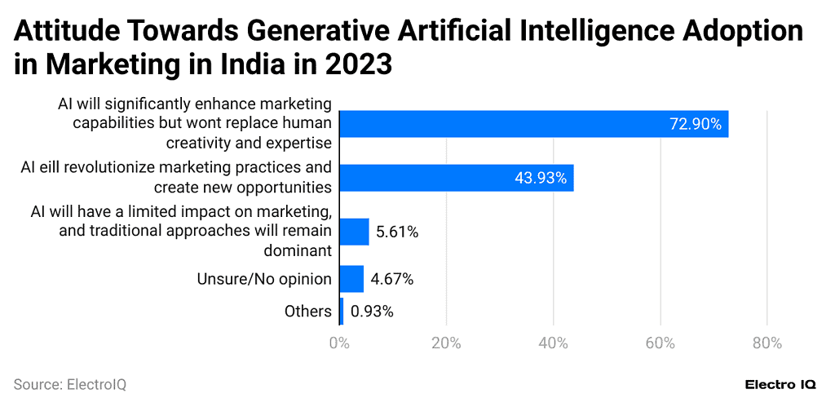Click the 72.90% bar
533,124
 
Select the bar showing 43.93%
456,178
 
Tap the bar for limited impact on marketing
354,232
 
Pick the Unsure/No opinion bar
351,279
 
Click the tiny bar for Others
342,311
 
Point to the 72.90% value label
696,124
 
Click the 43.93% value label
541,178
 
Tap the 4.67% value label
391,279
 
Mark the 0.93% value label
372,311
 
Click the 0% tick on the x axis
338,343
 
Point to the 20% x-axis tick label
446,343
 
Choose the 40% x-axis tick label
553,343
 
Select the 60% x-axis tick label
660,343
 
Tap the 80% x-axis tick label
767,343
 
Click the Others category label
307,311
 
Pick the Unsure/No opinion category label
264,279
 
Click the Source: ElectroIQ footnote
70,384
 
